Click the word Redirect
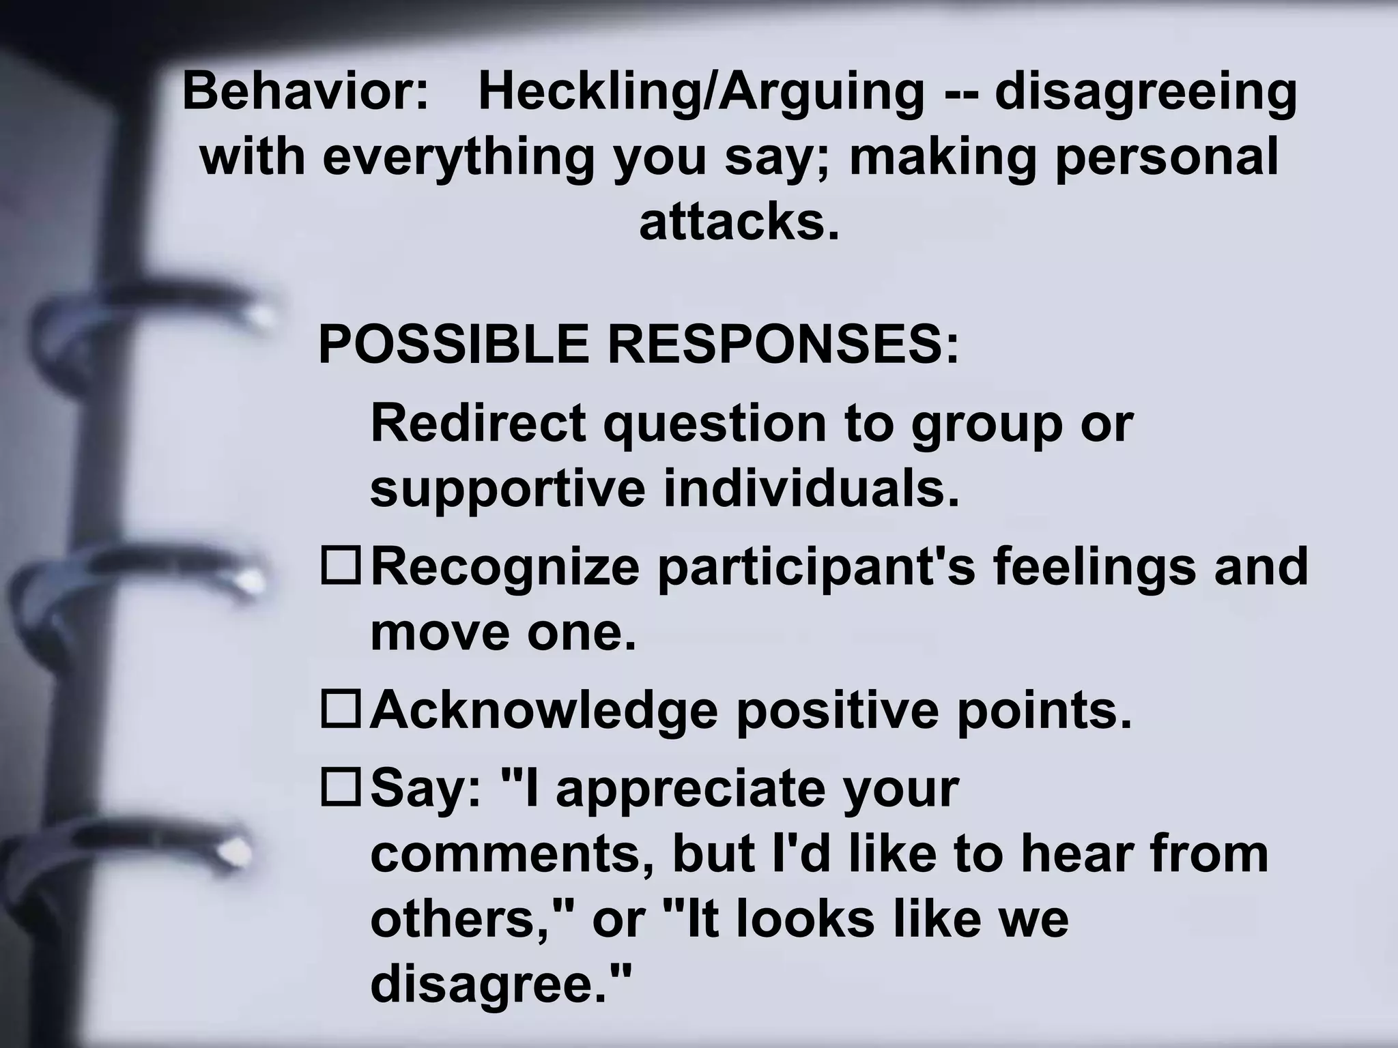[478, 423]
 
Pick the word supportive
[507, 490]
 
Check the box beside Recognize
[340, 566]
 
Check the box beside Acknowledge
[340, 710]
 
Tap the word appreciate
[689, 789]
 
